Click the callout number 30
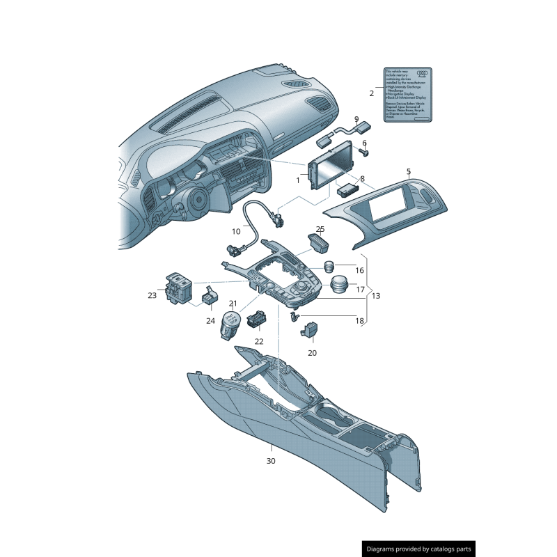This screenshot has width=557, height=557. [271, 461]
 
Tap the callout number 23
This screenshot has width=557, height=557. [152, 295]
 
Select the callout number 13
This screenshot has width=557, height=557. [376, 296]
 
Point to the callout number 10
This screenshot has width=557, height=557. [236, 231]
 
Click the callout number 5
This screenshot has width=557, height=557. [408, 171]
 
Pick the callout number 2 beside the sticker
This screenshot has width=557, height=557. [371, 93]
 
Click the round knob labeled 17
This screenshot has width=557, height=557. [339, 285]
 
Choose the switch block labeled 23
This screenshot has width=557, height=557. [176, 288]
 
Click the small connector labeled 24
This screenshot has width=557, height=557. [208, 299]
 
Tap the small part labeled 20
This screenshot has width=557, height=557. [311, 329]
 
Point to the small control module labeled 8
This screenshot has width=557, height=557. [346, 188]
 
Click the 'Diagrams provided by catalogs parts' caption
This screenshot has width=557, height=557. [419, 549]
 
